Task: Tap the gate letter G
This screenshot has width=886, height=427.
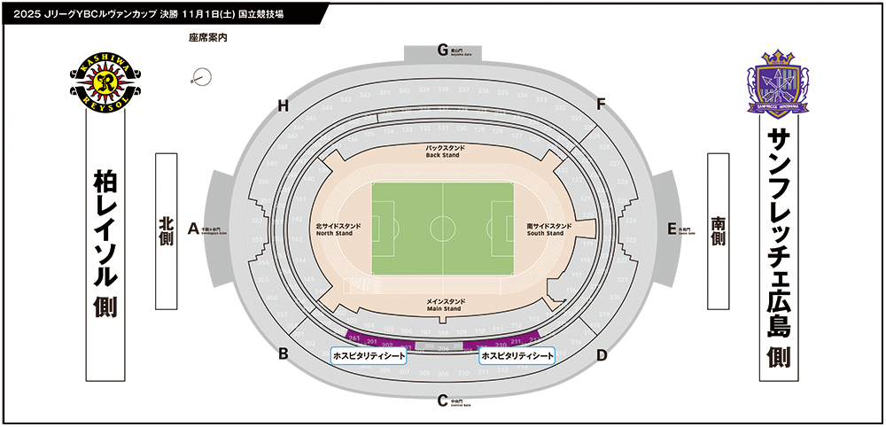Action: pos(442,50)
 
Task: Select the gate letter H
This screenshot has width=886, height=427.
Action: pos(284,106)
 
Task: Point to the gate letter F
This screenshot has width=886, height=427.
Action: pos(601,105)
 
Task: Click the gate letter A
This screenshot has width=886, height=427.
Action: pos(191,228)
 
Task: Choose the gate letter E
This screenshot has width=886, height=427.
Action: pos(672,228)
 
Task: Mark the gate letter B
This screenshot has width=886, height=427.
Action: pos(284,354)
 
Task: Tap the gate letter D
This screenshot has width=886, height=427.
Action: pos(601,356)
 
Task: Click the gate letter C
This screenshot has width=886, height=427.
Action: pos(442,400)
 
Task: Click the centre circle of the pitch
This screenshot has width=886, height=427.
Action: pos(442,228)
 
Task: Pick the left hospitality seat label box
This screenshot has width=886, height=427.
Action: pos(368,355)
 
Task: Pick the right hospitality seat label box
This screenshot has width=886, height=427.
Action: pos(517,355)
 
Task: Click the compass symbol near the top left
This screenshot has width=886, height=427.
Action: pos(199,78)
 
